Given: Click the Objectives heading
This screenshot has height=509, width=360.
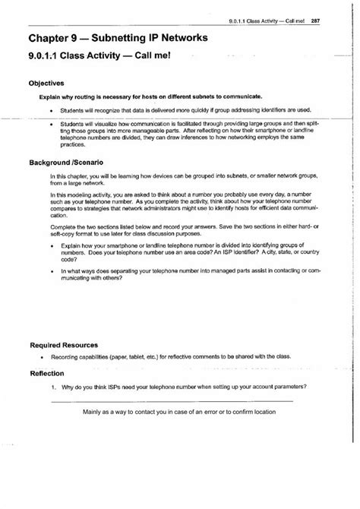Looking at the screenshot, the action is tap(46, 84).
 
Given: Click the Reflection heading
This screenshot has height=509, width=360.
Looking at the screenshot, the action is tap(48, 373).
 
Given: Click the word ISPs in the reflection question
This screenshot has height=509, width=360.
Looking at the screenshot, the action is tap(112, 387).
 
